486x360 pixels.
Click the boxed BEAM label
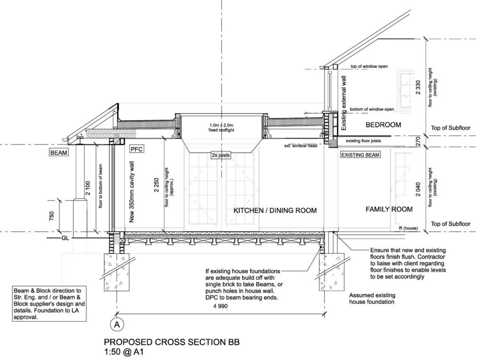click(x=58, y=152)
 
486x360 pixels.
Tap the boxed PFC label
click(x=137, y=149)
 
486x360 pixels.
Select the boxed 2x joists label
click(x=221, y=155)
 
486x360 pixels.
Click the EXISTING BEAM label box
click(x=361, y=154)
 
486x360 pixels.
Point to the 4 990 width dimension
click(x=220, y=306)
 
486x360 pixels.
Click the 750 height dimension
click(x=52, y=216)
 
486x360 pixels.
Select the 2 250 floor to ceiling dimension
click(x=156, y=185)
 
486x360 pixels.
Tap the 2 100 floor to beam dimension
click(x=88, y=188)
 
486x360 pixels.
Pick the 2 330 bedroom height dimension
click(x=418, y=87)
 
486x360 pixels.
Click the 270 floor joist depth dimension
click(x=418, y=141)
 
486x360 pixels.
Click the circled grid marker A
click(x=117, y=325)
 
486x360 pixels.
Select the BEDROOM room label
click(x=383, y=125)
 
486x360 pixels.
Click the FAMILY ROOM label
click(x=389, y=210)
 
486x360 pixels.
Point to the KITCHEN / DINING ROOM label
click(x=275, y=211)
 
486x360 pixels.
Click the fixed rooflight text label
click(x=221, y=128)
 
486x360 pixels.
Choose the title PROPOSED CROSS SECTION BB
click(x=172, y=342)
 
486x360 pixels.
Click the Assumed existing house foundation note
click(x=372, y=299)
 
